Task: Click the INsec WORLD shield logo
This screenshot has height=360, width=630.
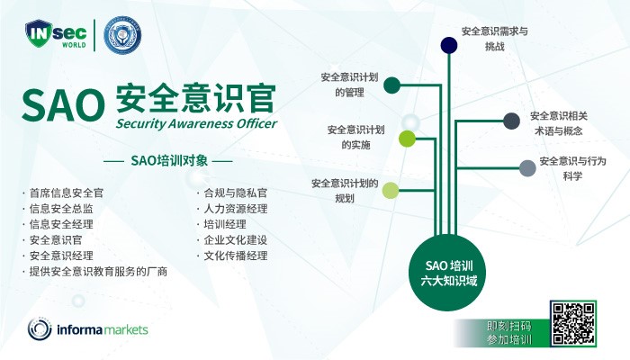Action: click(x=56, y=34)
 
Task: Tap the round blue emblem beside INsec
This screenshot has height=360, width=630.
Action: click(x=122, y=34)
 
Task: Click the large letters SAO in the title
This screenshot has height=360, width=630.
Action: click(x=63, y=104)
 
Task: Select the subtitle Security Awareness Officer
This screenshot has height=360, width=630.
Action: click(x=196, y=123)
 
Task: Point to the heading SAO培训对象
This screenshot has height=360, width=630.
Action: click(x=169, y=161)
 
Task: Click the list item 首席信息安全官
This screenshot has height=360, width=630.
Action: click(x=67, y=193)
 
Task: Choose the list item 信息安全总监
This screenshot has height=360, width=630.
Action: click(x=61, y=209)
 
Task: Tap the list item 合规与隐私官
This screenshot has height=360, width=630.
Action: click(x=236, y=193)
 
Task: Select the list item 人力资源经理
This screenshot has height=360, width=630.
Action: click(x=236, y=209)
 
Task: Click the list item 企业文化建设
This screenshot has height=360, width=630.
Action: click(x=236, y=240)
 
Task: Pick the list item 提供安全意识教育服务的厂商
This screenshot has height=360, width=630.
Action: click(x=98, y=271)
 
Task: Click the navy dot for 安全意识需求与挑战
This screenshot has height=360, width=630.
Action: click(x=449, y=45)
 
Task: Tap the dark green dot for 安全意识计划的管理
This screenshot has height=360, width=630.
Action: click(x=391, y=85)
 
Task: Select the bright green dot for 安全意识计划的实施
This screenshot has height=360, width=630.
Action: click(x=407, y=139)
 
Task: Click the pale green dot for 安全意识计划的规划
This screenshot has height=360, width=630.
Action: click(x=390, y=190)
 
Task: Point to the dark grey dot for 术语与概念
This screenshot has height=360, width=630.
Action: click(x=511, y=121)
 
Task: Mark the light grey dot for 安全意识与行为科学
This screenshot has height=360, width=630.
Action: click(x=527, y=168)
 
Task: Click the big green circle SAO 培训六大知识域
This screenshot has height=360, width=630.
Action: click(x=447, y=273)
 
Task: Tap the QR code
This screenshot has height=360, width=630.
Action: click(x=573, y=323)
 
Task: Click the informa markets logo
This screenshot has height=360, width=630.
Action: click(x=87, y=329)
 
